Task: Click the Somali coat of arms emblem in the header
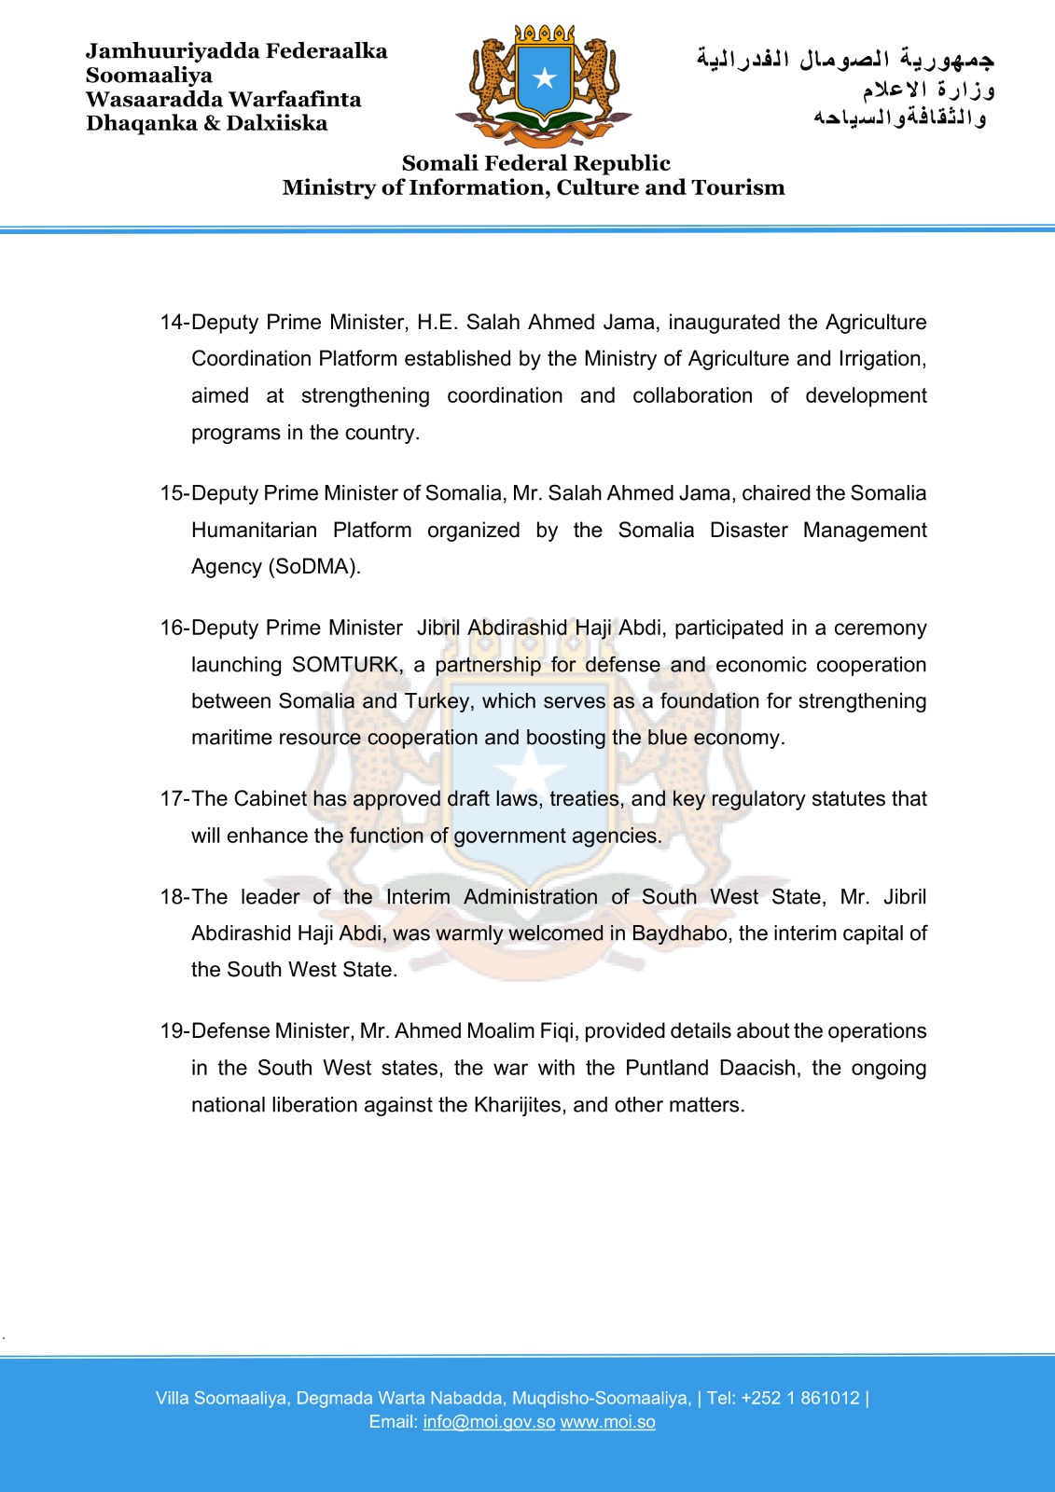pyautogui.click(x=544, y=86)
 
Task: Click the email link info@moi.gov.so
pyautogui.click(x=489, y=1422)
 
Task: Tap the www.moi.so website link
pyautogui.click(x=607, y=1422)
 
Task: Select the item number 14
pyautogui.click(x=174, y=323)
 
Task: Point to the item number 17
pyautogui.click(x=174, y=799)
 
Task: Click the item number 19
pyautogui.click(x=174, y=1031)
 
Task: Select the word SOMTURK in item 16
pyautogui.click(x=346, y=665)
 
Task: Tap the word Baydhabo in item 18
pyautogui.click(x=680, y=933)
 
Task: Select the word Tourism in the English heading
pyautogui.click(x=738, y=187)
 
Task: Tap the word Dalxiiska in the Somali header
pyautogui.click(x=277, y=123)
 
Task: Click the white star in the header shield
pyautogui.click(x=545, y=78)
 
